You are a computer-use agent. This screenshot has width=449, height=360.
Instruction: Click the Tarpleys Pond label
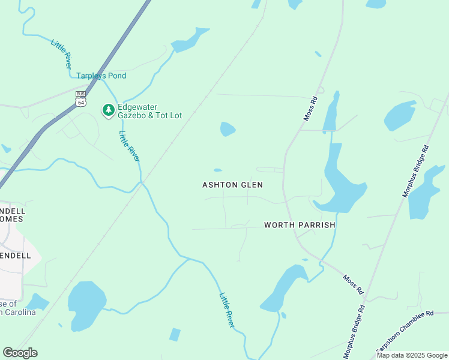pos(101,76)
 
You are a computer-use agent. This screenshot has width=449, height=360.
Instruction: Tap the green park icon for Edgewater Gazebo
pos(109,110)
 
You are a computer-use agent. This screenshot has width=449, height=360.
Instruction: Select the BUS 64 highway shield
pos(80,98)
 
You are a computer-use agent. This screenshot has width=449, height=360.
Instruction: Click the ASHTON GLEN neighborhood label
pos(232,185)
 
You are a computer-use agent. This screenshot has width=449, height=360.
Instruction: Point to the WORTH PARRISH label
pos(300,225)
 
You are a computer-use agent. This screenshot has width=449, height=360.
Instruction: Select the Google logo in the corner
pos(20,352)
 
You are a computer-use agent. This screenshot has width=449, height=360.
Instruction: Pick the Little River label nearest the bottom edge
pos(226,310)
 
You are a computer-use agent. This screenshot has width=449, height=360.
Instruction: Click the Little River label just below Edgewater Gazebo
pos(129,146)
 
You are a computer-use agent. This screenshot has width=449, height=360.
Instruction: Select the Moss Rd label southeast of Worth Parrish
pos(354,284)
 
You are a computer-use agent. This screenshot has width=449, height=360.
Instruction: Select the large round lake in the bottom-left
pos(86,305)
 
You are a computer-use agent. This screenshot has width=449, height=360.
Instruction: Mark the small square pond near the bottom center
pos(175,334)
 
